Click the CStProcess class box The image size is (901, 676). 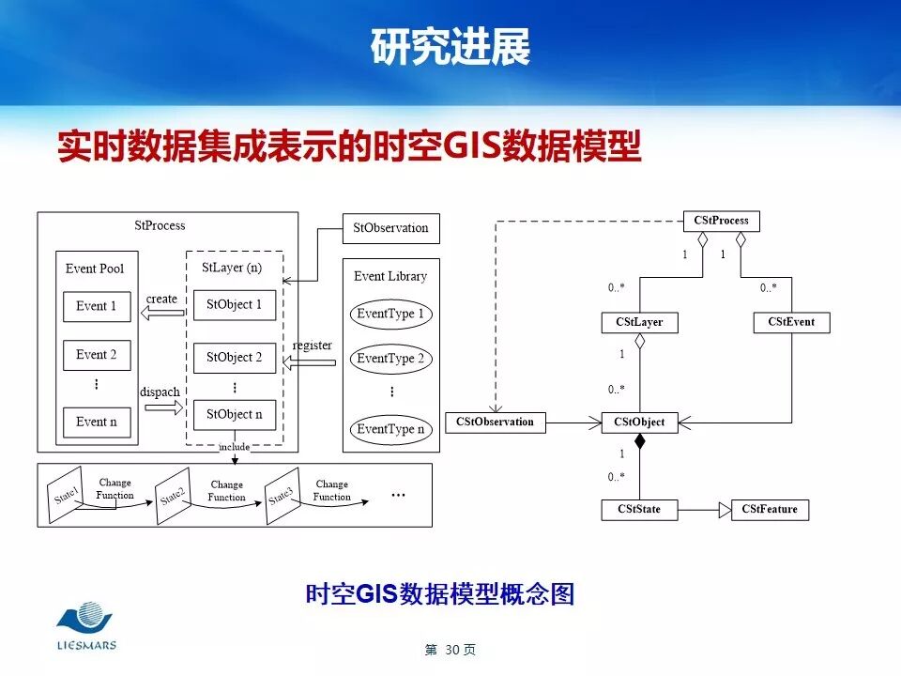[x=721, y=222]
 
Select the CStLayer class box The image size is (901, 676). [x=639, y=322]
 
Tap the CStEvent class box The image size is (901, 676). [x=791, y=322]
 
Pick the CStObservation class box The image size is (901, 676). [x=495, y=422]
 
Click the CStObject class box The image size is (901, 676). [x=639, y=422]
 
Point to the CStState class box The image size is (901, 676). [x=639, y=510]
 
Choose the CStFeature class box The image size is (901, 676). [x=770, y=510]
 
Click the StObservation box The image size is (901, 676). [x=390, y=228]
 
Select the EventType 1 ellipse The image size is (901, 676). [x=390, y=314]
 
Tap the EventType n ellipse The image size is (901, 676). [x=390, y=429]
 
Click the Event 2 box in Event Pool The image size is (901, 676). [x=97, y=355]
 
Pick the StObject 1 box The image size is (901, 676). [x=235, y=305]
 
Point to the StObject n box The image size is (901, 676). [x=235, y=414]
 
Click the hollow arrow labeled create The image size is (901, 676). [x=161, y=315]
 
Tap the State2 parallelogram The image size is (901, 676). [x=173, y=496]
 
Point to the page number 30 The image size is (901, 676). [x=451, y=650]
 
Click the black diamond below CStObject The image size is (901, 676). [x=640, y=441]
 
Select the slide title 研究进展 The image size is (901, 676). [x=450, y=47]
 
